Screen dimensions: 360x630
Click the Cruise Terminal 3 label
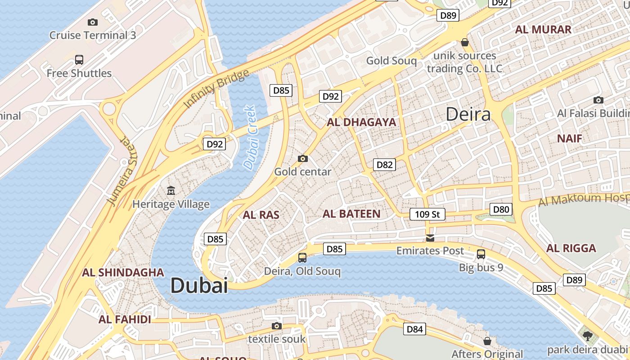(x=92, y=35)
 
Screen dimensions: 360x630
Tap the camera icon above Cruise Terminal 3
(x=93, y=22)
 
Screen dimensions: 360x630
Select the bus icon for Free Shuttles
(x=79, y=59)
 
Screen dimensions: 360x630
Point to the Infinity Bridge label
(x=216, y=89)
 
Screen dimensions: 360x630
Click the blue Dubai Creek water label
(x=249, y=137)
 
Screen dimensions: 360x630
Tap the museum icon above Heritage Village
(x=171, y=191)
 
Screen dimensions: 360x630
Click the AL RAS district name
(x=261, y=215)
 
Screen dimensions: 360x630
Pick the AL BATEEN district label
(x=351, y=214)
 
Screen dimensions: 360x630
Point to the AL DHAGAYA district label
(x=361, y=122)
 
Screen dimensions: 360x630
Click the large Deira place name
(x=468, y=114)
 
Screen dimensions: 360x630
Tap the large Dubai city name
(x=199, y=285)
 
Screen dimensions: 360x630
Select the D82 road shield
(x=384, y=165)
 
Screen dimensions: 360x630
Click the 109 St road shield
(x=427, y=214)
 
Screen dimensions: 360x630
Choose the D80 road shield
(x=501, y=209)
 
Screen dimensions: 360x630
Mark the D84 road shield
(x=414, y=329)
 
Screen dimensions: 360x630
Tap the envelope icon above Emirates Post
(x=430, y=238)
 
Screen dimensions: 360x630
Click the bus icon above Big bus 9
(x=481, y=254)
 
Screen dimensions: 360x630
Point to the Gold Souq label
(x=391, y=60)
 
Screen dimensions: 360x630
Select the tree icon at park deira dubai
(x=587, y=336)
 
